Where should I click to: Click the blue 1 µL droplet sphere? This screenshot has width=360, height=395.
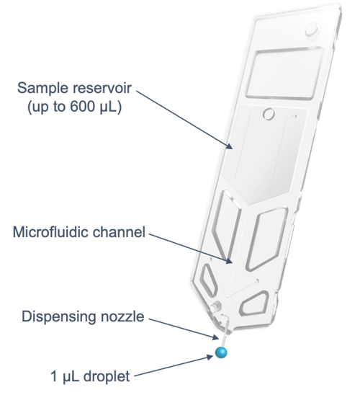[221, 352]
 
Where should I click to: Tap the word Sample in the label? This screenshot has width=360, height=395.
[42, 89]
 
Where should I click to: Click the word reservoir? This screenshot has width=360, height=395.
[102, 88]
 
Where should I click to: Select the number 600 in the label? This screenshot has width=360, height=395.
[82, 107]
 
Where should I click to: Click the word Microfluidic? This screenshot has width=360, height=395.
[50, 232]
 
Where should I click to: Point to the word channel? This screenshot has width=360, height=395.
[119, 232]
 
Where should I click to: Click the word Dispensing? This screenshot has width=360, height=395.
[58, 317]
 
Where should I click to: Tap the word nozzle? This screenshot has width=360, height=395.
[122, 316]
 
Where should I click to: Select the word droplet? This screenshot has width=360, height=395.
[106, 376]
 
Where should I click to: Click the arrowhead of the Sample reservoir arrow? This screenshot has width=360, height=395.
[229, 146]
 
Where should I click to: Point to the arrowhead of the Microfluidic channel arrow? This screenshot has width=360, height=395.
[228, 260]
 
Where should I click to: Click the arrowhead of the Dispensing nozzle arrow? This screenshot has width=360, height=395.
[215, 337]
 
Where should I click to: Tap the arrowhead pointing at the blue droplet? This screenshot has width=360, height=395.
[210, 357]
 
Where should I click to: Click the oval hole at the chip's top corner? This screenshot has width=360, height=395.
[312, 30]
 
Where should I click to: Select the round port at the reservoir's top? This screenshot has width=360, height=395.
[269, 114]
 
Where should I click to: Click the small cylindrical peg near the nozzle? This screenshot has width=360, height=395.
[215, 306]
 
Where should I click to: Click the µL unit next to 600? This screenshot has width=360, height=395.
[107, 107]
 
